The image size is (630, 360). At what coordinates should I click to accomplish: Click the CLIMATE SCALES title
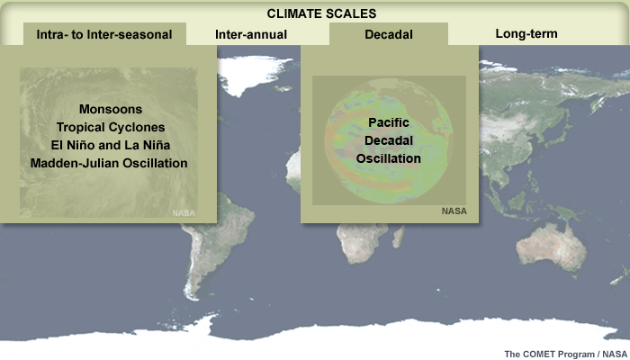[x=321, y=13]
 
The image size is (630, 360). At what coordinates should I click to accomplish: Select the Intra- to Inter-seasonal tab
[x=104, y=34]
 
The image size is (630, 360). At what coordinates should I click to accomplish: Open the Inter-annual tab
[x=251, y=34]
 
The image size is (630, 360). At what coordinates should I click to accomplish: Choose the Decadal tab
[x=389, y=34]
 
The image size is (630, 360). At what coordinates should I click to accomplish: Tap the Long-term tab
[x=526, y=34]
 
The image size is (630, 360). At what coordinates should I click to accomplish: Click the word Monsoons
[x=111, y=109]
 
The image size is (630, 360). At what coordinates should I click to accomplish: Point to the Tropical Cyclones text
[x=111, y=127]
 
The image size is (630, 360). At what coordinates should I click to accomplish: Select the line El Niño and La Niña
[x=111, y=145]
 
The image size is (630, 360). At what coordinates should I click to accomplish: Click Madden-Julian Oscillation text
[x=109, y=163]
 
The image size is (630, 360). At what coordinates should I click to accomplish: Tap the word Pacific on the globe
[x=389, y=122]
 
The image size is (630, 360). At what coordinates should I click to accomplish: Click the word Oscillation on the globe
[x=389, y=158]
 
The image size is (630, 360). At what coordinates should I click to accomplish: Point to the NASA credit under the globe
[x=454, y=211]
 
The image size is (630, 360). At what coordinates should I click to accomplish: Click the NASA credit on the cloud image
[x=184, y=213]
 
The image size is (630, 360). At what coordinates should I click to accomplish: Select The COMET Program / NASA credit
[x=565, y=354]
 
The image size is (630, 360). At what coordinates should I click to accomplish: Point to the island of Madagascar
[x=398, y=237]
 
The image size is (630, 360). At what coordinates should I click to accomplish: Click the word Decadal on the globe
[x=389, y=140]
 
